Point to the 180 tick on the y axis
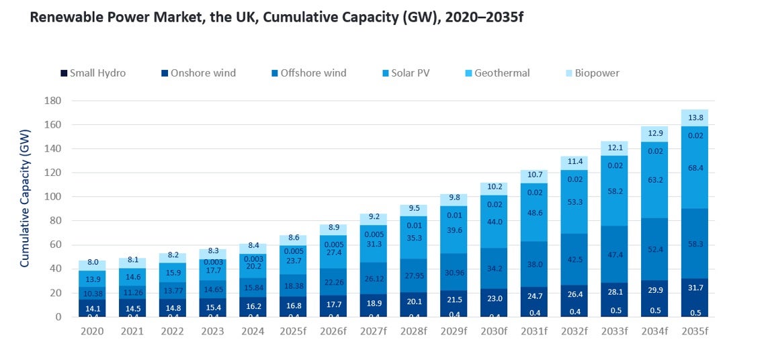[53, 101]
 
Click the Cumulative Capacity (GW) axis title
[25, 209]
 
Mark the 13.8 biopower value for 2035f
[694, 118]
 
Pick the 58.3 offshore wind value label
[694, 244]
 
